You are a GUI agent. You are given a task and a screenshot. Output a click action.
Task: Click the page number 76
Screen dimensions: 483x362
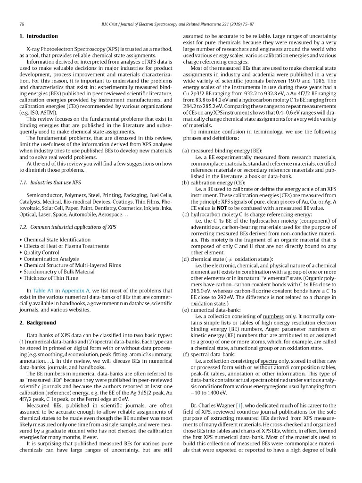coord(22,24)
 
